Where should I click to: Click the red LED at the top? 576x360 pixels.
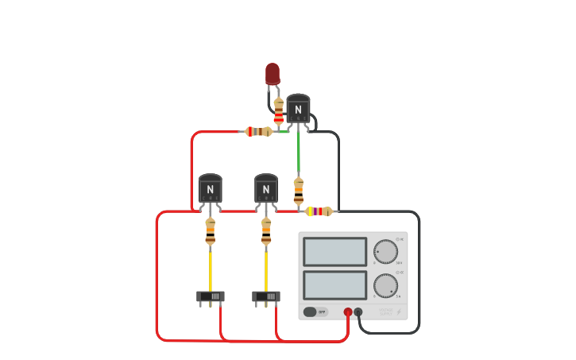coord(273,74)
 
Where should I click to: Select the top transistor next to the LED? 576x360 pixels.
coord(298,109)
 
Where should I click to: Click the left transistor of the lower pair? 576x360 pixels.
coord(210,188)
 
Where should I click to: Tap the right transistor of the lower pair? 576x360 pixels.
coord(265,188)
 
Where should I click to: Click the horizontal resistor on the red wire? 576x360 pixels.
coord(258,132)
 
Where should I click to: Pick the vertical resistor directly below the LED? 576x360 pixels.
coord(278,110)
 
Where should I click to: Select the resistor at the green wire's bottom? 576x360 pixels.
coord(299,192)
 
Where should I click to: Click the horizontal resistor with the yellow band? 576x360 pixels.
coord(319,211)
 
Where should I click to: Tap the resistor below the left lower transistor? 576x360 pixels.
coord(210,230)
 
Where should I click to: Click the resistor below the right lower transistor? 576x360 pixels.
coord(265,230)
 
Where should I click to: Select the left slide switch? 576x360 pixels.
coord(211,296)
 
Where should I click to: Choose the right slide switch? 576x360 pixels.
coord(266,296)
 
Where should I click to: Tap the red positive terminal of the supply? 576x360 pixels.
coord(348,312)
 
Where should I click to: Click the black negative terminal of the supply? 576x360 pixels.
coord(358,312)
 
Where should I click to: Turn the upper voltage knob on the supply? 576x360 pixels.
coord(385,252)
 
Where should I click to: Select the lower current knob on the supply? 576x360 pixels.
coord(385,285)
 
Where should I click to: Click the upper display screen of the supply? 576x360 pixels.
coord(334,252)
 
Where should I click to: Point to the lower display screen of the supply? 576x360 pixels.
coord(334,285)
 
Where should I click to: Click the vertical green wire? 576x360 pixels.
coord(299,155)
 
